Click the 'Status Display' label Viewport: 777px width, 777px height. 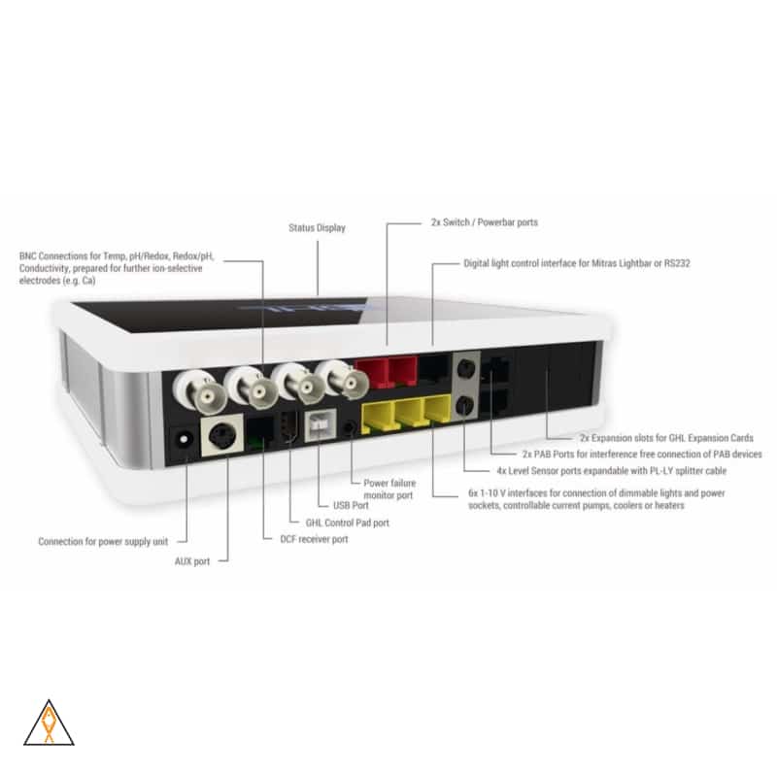317,228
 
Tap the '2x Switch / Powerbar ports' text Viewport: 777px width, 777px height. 484,222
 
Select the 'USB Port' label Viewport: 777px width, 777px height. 349,505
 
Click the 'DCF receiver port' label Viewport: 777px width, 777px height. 307,539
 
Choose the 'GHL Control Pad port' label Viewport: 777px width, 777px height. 347,523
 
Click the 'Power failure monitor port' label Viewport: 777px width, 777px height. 388,489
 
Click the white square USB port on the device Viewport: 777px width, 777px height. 320,427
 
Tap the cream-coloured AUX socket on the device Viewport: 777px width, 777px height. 219,436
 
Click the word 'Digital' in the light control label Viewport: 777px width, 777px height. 478,263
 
